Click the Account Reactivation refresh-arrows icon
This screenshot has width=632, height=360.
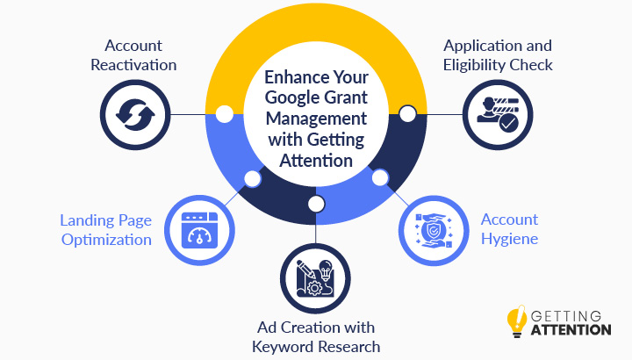pos(135,115)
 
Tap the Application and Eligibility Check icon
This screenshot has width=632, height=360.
pos(498,115)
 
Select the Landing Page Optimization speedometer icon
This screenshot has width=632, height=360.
pos(199,231)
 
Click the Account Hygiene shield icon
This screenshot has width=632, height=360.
pos(434,231)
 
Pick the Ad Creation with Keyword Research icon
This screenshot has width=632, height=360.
pos(316,278)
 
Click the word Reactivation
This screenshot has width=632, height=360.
pos(133,65)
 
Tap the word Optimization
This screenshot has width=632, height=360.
pos(106,241)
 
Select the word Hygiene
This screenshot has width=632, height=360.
pos(509,240)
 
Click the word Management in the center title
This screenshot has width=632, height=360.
pos(316,119)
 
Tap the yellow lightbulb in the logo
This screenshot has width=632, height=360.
pos(517,320)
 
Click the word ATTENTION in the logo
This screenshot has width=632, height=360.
pos(571,330)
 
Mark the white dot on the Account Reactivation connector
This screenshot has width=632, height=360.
pos(225,114)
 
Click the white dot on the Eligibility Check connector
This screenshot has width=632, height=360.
pos(407,114)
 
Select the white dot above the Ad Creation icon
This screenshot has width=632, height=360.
pos(316,204)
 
